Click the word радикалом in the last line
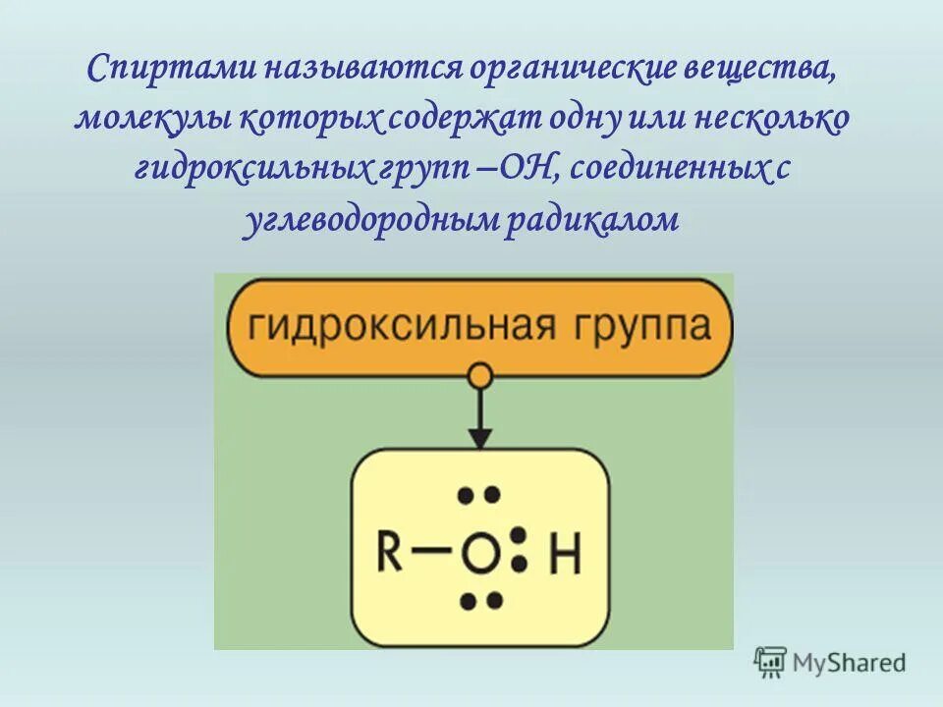pos(592,220)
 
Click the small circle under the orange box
pos(479,375)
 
